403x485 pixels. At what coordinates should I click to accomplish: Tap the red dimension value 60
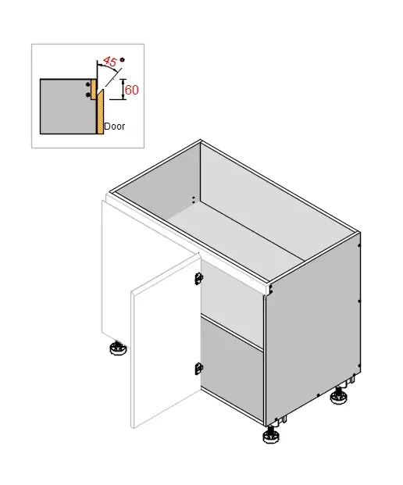pyautogui.click(x=131, y=90)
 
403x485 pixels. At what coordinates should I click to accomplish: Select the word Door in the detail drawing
pyautogui.click(x=114, y=126)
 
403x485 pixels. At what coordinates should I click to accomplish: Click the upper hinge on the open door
pyautogui.click(x=198, y=277)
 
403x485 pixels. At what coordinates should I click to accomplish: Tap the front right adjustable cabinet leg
pyautogui.click(x=272, y=435)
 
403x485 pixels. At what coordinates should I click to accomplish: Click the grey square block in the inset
pyautogui.click(x=64, y=105)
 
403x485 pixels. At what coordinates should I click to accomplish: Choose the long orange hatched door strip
pyautogui.click(x=100, y=109)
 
